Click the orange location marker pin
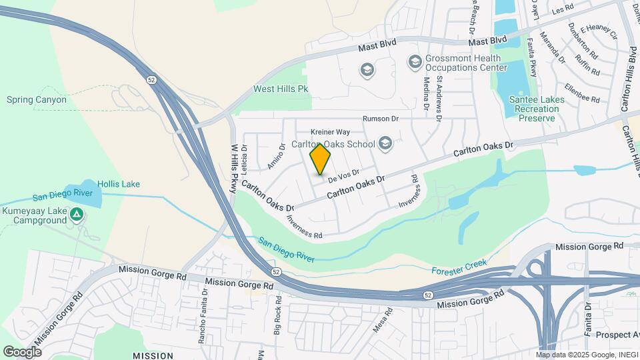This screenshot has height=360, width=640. pos(321,159)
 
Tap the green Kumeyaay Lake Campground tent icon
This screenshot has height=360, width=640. pos(77,215)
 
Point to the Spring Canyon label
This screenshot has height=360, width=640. pos(37,100)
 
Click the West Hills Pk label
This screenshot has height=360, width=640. pos(281,89)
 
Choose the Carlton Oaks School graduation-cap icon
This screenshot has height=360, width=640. pos(385,142)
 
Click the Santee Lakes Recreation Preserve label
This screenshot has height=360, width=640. pos(537,109)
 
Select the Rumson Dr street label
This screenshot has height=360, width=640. pos(380,119)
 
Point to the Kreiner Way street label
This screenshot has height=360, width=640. pos(330,132)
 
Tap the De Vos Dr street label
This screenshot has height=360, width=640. pos(345,177)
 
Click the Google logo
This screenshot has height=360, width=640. pos(23,351)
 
